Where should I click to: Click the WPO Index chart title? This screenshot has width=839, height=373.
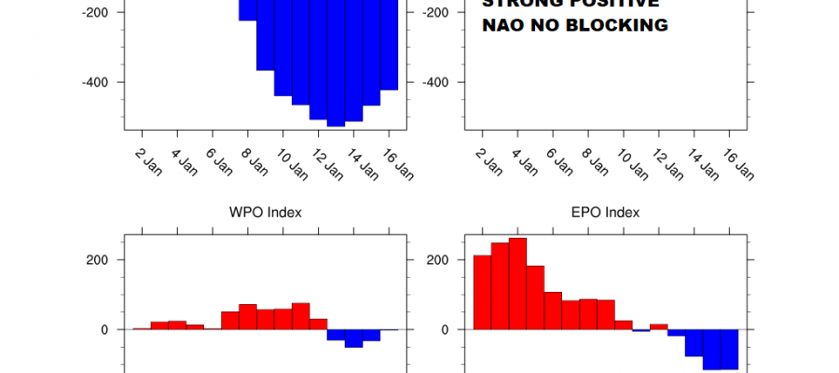click(x=266, y=213)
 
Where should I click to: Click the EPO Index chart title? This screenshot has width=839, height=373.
click(x=605, y=213)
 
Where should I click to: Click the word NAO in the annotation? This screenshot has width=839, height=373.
click(x=502, y=26)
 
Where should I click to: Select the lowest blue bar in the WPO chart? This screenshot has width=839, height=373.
click(x=353, y=338)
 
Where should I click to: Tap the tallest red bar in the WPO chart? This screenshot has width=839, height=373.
click(x=300, y=316)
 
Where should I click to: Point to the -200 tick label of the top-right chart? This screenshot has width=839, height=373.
click(x=438, y=12)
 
